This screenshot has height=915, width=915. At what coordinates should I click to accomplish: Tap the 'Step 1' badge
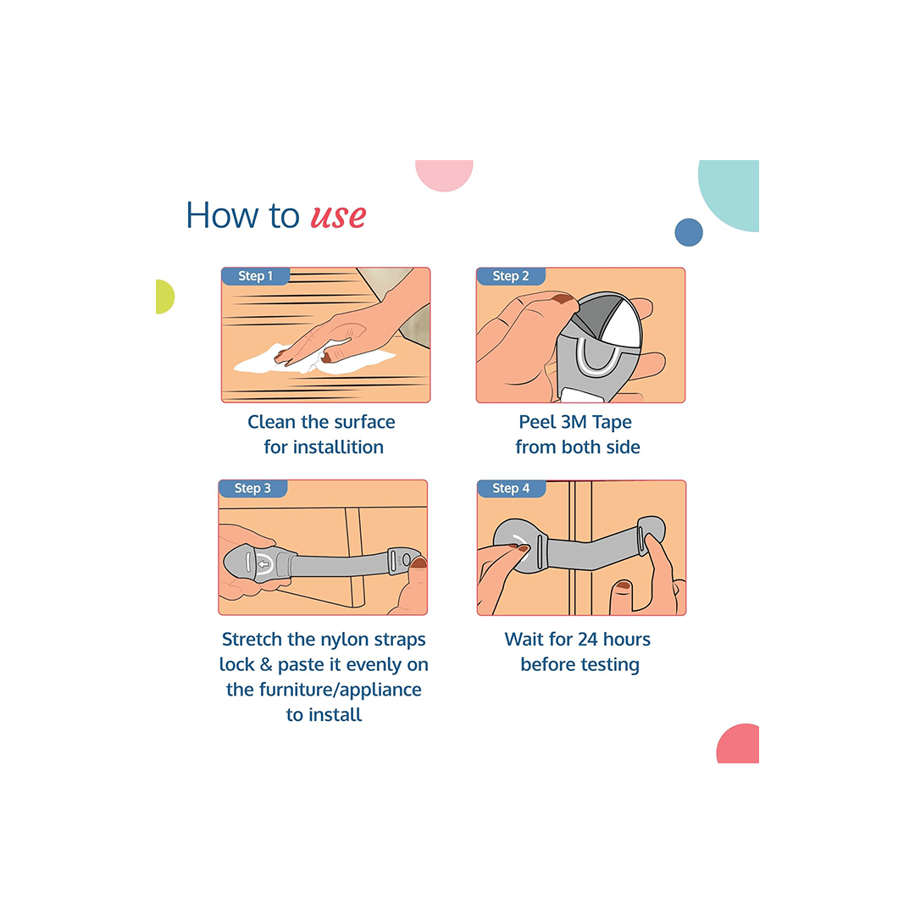(x=255, y=276)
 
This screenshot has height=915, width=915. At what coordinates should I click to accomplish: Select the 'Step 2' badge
(x=511, y=276)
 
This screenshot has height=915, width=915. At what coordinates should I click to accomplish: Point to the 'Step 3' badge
(x=252, y=489)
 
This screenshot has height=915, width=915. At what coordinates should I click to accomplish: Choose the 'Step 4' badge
(x=511, y=489)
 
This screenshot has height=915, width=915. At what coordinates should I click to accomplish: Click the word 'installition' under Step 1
(x=338, y=447)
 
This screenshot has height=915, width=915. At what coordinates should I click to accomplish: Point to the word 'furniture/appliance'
(x=340, y=690)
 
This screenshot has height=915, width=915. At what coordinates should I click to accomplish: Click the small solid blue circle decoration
(x=689, y=232)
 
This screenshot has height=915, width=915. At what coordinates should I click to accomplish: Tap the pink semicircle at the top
(x=444, y=175)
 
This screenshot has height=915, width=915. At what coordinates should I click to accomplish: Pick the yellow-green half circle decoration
(x=165, y=297)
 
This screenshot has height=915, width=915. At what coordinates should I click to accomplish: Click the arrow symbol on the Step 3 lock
(x=264, y=564)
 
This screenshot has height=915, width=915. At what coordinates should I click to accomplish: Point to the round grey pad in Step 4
(x=518, y=546)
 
